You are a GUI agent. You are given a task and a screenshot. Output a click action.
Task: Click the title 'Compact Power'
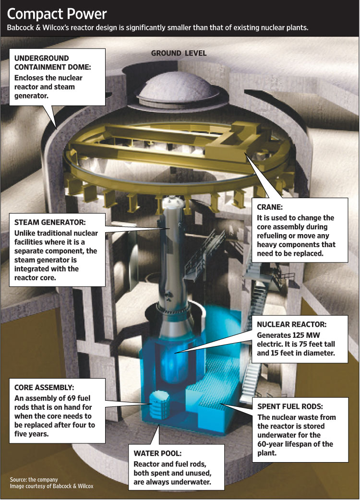click(x=57, y=14)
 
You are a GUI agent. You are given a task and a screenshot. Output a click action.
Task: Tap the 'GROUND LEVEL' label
click(x=179, y=53)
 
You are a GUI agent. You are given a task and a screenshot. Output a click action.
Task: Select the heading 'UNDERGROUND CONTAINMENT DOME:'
click(x=53, y=62)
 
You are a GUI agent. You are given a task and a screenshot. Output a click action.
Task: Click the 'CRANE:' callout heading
click(x=270, y=207)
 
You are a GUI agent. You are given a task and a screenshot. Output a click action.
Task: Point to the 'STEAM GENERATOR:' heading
click(x=50, y=222)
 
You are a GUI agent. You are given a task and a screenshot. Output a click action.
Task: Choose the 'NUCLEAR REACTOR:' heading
click(x=292, y=324)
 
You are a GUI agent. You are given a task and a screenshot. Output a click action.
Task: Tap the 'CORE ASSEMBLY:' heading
click(x=44, y=387)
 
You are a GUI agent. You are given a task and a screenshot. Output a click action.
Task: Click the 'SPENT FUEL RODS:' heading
click(x=290, y=406)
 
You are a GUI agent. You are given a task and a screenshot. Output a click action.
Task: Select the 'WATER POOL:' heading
click(x=157, y=453)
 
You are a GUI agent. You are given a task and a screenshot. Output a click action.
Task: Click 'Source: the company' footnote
click(x=34, y=479)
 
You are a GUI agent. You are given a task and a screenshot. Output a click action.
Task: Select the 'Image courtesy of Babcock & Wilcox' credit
click(x=52, y=486)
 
